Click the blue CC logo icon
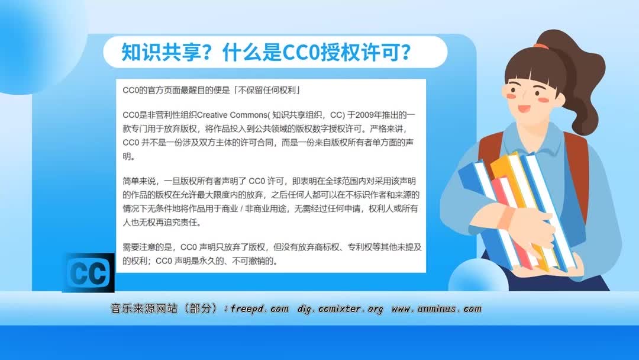click(x=88, y=273)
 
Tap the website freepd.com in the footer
click(x=260, y=308)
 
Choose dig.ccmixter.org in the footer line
click(x=340, y=308)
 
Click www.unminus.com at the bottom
click(x=437, y=308)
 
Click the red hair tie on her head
click(x=540, y=44)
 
